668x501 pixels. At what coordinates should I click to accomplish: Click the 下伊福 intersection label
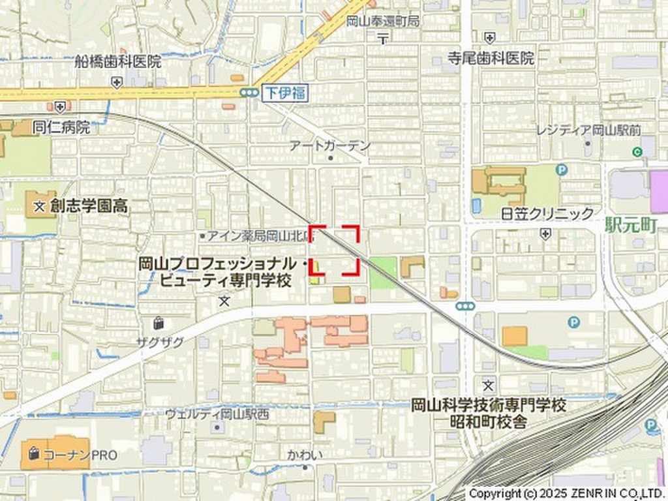click(284, 93)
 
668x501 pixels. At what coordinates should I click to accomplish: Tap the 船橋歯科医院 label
click(117, 62)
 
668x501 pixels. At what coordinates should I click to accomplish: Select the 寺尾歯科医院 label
click(491, 58)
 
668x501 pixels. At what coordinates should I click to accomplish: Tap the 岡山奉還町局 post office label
click(383, 21)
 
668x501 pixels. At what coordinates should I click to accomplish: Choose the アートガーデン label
click(330, 145)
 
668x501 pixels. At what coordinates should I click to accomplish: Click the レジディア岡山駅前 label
click(588, 130)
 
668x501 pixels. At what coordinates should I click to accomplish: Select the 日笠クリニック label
click(547, 213)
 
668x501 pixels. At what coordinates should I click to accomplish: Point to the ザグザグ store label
click(160, 341)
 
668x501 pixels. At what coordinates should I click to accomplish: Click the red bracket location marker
click(335, 250)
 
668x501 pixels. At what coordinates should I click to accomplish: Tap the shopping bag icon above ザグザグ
click(159, 322)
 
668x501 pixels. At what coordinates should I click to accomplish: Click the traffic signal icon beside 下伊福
click(249, 93)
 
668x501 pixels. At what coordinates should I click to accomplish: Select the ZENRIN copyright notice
click(566, 493)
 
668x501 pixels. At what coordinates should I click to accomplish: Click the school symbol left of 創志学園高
click(40, 207)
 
